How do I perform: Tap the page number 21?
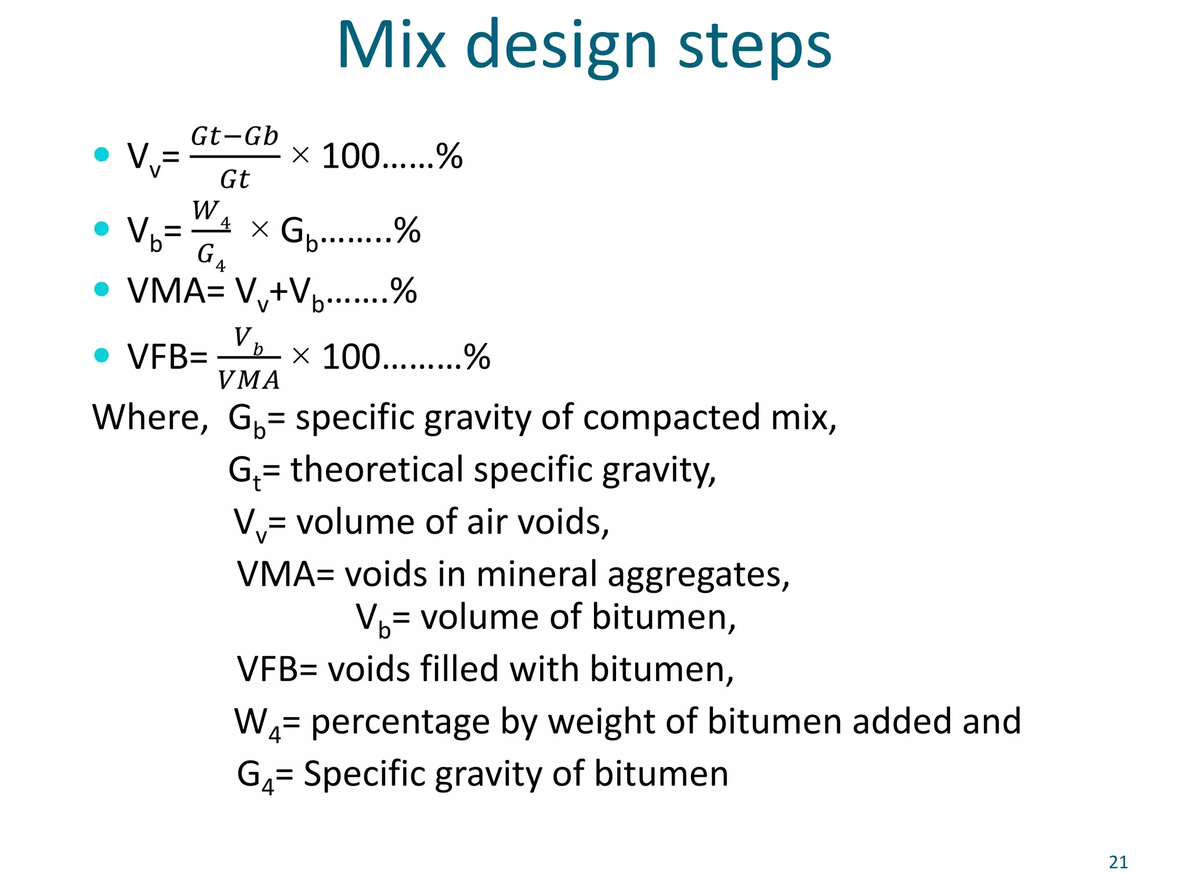pyautogui.click(x=1118, y=863)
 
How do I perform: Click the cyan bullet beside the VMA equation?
pyautogui.click(x=102, y=289)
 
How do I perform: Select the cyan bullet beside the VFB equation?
pyautogui.click(x=102, y=355)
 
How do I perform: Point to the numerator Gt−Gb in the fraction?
pyautogui.click(x=235, y=137)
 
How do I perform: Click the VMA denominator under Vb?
pyautogui.click(x=249, y=381)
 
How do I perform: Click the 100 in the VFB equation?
pyautogui.click(x=352, y=356)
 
